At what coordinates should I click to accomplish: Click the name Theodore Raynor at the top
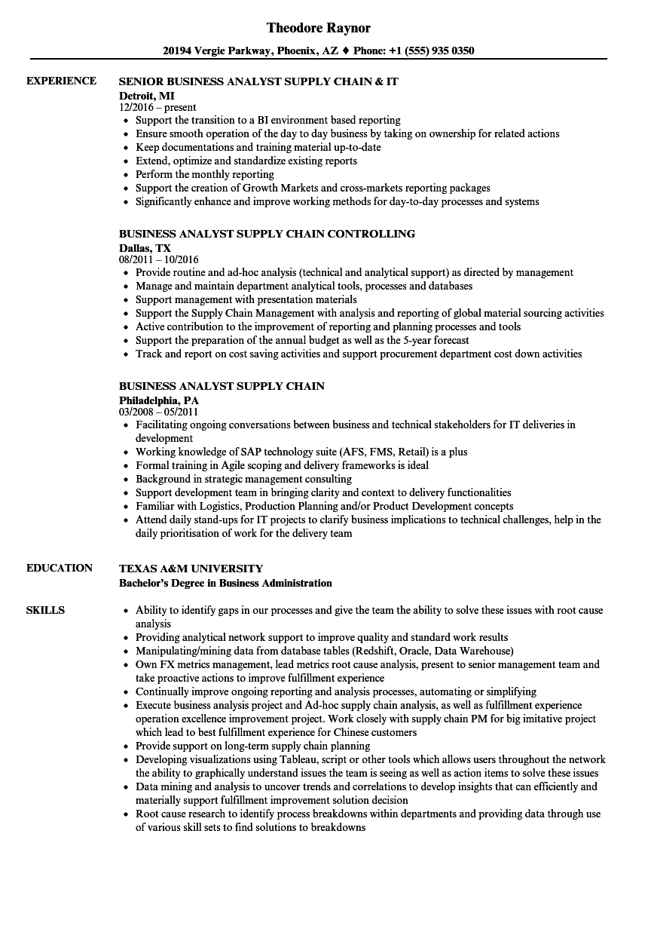(x=319, y=28)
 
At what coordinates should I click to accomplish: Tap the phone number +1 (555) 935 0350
(x=431, y=51)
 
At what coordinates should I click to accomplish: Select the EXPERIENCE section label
(x=61, y=81)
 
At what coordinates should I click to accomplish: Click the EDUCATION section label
(x=60, y=568)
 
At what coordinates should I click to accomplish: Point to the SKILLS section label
(x=45, y=610)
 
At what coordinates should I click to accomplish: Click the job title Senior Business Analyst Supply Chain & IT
(x=258, y=81)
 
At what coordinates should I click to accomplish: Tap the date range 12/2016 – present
(x=158, y=108)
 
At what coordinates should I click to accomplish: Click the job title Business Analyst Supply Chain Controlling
(x=267, y=234)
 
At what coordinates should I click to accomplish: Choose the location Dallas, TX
(x=145, y=247)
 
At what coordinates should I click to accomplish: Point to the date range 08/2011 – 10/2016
(x=159, y=260)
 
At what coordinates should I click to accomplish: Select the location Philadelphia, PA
(x=159, y=400)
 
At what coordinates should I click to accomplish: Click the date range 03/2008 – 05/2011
(x=159, y=412)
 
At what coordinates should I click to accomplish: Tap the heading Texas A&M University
(x=191, y=569)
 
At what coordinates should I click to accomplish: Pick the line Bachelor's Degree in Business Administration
(x=225, y=583)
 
